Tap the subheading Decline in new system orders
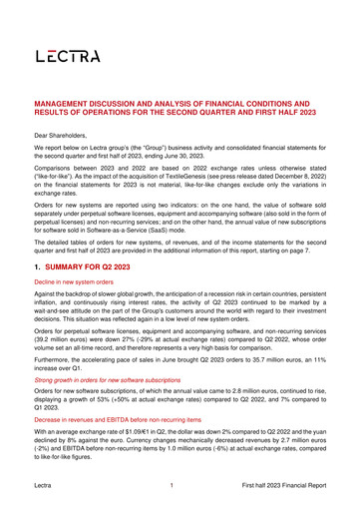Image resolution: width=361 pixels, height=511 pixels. tap(81, 283)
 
